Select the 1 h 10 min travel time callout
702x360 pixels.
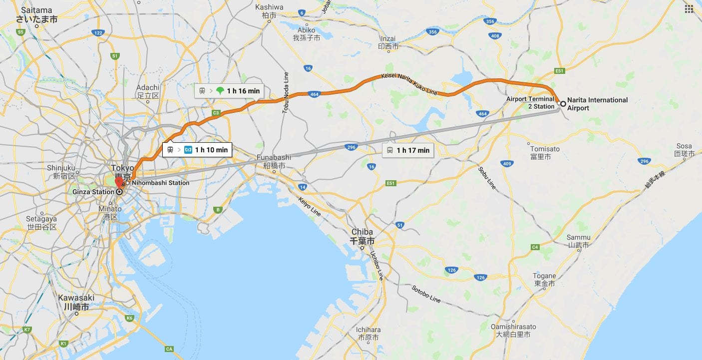tap(197, 150)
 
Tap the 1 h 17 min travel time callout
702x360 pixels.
tap(408, 150)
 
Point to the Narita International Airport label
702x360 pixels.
tap(597, 104)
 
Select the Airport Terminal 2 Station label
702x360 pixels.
tap(530, 103)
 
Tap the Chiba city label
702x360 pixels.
tap(362, 236)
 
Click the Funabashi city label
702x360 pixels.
tap(274, 161)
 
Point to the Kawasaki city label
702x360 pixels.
tap(76, 302)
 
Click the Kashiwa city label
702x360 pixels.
tap(269, 11)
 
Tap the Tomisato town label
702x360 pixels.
tap(545, 153)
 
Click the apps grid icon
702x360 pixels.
tap(689, 9)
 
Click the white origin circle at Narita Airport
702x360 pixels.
tap(563, 104)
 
